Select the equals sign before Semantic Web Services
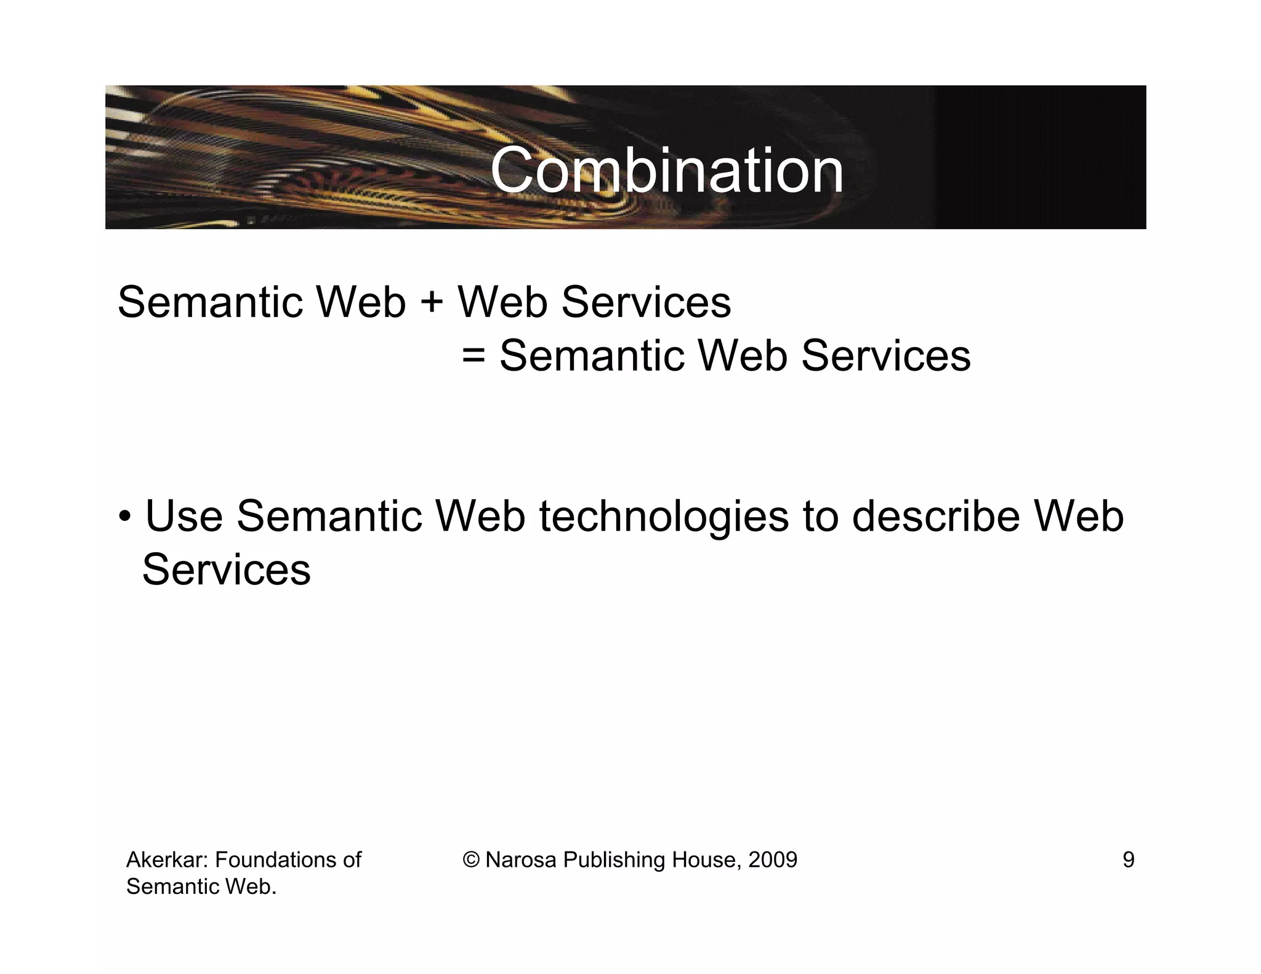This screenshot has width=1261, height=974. (x=473, y=356)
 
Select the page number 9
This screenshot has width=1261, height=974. (x=1128, y=859)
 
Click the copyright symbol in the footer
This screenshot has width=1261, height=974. (x=471, y=859)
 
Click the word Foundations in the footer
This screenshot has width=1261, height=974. (x=274, y=859)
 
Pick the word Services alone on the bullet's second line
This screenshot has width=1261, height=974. (x=227, y=570)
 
